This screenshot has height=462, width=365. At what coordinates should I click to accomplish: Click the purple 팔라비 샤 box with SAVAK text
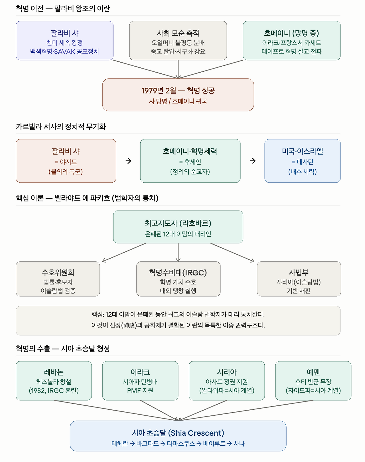pyautogui.click(x=64, y=41)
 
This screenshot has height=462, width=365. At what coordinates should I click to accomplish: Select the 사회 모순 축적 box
pyautogui.click(x=178, y=41)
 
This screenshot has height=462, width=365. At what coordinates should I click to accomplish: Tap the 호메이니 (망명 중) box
pyautogui.click(x=292, y=41)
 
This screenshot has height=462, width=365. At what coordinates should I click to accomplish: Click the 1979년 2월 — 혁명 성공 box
pyautogui.click(x=178, y=95)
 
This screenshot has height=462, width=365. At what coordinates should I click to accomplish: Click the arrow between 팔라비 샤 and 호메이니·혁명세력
pyautogui.click(x=128, y=161)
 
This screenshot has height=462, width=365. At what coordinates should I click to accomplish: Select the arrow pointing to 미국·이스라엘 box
pyautogui.click(x=253, y=161)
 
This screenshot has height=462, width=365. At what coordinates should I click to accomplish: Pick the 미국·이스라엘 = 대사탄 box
pyautogui.click(x=303, y=161)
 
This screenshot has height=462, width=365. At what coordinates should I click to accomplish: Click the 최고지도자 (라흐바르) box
pyautogui.click(x=178, y=227)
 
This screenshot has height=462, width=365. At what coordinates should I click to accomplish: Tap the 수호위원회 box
pyautogui.click(x=58, y=279)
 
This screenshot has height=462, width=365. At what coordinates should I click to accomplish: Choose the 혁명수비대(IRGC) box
pyautogui.click(x=178, y=279)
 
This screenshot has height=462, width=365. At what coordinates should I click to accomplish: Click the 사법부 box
pyautogui.click(x=299, y=279)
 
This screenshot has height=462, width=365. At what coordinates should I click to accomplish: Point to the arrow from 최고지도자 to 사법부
pyautogui.click(x=232, y=253)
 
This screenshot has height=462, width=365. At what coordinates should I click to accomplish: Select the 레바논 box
pyautogui.click(x=54, y=381)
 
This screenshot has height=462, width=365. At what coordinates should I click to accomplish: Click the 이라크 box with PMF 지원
pyautogui.click(x=140, y=381)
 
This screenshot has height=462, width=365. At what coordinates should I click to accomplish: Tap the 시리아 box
pyautogui.click(x=227, y=381)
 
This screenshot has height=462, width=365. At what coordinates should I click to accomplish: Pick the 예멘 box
pyautogui.click(x=313, y=381)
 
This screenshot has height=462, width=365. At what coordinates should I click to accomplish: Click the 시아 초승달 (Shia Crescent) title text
pyautogui.click(x=178, y=433)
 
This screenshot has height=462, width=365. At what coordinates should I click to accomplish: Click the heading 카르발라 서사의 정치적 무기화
pyautogui.click(x=61, y=127)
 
